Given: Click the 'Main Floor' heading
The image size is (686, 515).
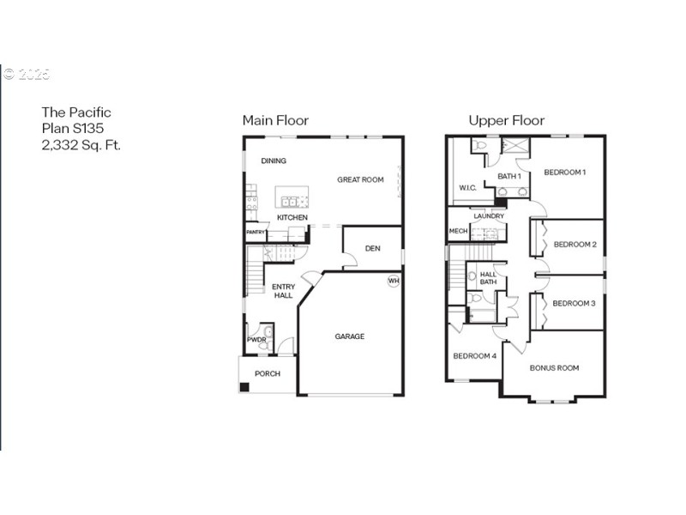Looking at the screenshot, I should tap(275, 121).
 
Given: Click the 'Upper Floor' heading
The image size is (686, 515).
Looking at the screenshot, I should tap(506, 121).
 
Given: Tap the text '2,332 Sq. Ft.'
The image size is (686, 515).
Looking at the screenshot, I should tap(81, 145).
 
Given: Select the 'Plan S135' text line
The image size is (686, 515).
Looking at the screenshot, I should tap(74, 129).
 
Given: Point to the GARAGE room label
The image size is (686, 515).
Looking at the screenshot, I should tap(349, 336).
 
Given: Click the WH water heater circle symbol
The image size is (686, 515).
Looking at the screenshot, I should tap(394, 281).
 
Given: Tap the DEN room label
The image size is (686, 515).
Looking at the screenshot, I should tap(372, 249).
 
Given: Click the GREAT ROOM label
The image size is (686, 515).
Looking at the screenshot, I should tap(360, 179).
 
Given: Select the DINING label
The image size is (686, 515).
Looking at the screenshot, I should tap(274, 161).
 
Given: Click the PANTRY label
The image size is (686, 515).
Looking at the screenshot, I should tap(256, 232).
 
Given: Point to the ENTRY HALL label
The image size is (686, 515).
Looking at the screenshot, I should tap(283, 291).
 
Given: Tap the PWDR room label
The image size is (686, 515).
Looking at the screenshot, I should tap(256, 340).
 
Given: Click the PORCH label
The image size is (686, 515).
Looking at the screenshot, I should tap(267, 373).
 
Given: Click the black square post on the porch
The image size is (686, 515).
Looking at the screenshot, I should tap(244, 387).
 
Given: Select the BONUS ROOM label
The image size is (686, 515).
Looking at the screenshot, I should tap(554, 367).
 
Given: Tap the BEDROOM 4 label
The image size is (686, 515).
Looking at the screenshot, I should tap(474, 355).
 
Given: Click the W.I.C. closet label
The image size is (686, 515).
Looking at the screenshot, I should tap(467, 187).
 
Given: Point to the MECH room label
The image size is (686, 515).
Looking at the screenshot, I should tap(458, 231).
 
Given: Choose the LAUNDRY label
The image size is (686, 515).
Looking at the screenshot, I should tap(489, 216).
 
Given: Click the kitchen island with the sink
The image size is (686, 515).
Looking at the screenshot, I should tap(292, 201).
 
